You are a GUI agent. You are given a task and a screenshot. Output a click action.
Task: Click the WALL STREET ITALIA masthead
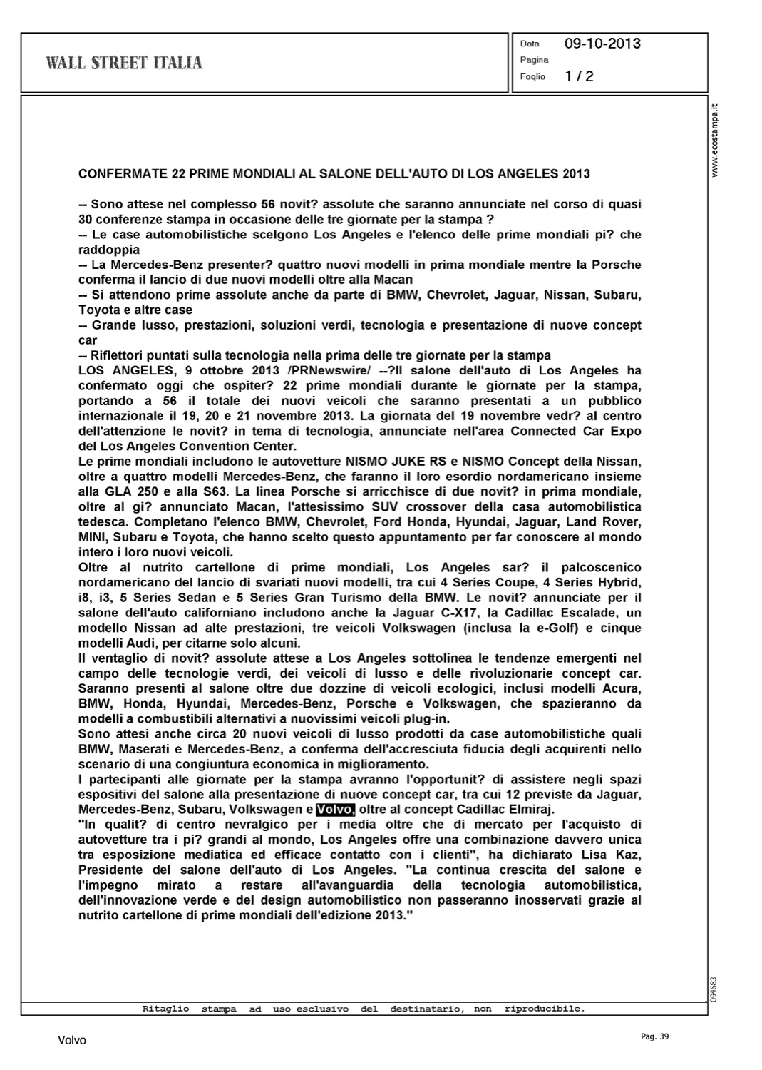pos(124,63)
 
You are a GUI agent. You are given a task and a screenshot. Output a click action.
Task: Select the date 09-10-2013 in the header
pos(602,44)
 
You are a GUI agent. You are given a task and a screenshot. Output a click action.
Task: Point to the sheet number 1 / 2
pos(579,76)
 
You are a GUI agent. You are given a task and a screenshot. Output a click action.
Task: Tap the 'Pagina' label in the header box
pos(534,60)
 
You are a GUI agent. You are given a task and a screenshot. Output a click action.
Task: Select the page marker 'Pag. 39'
pos(654,1036)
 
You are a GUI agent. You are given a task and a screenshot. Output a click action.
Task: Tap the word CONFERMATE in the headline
pos(120,173)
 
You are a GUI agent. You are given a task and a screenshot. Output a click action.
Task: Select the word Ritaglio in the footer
pos(166,1009)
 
